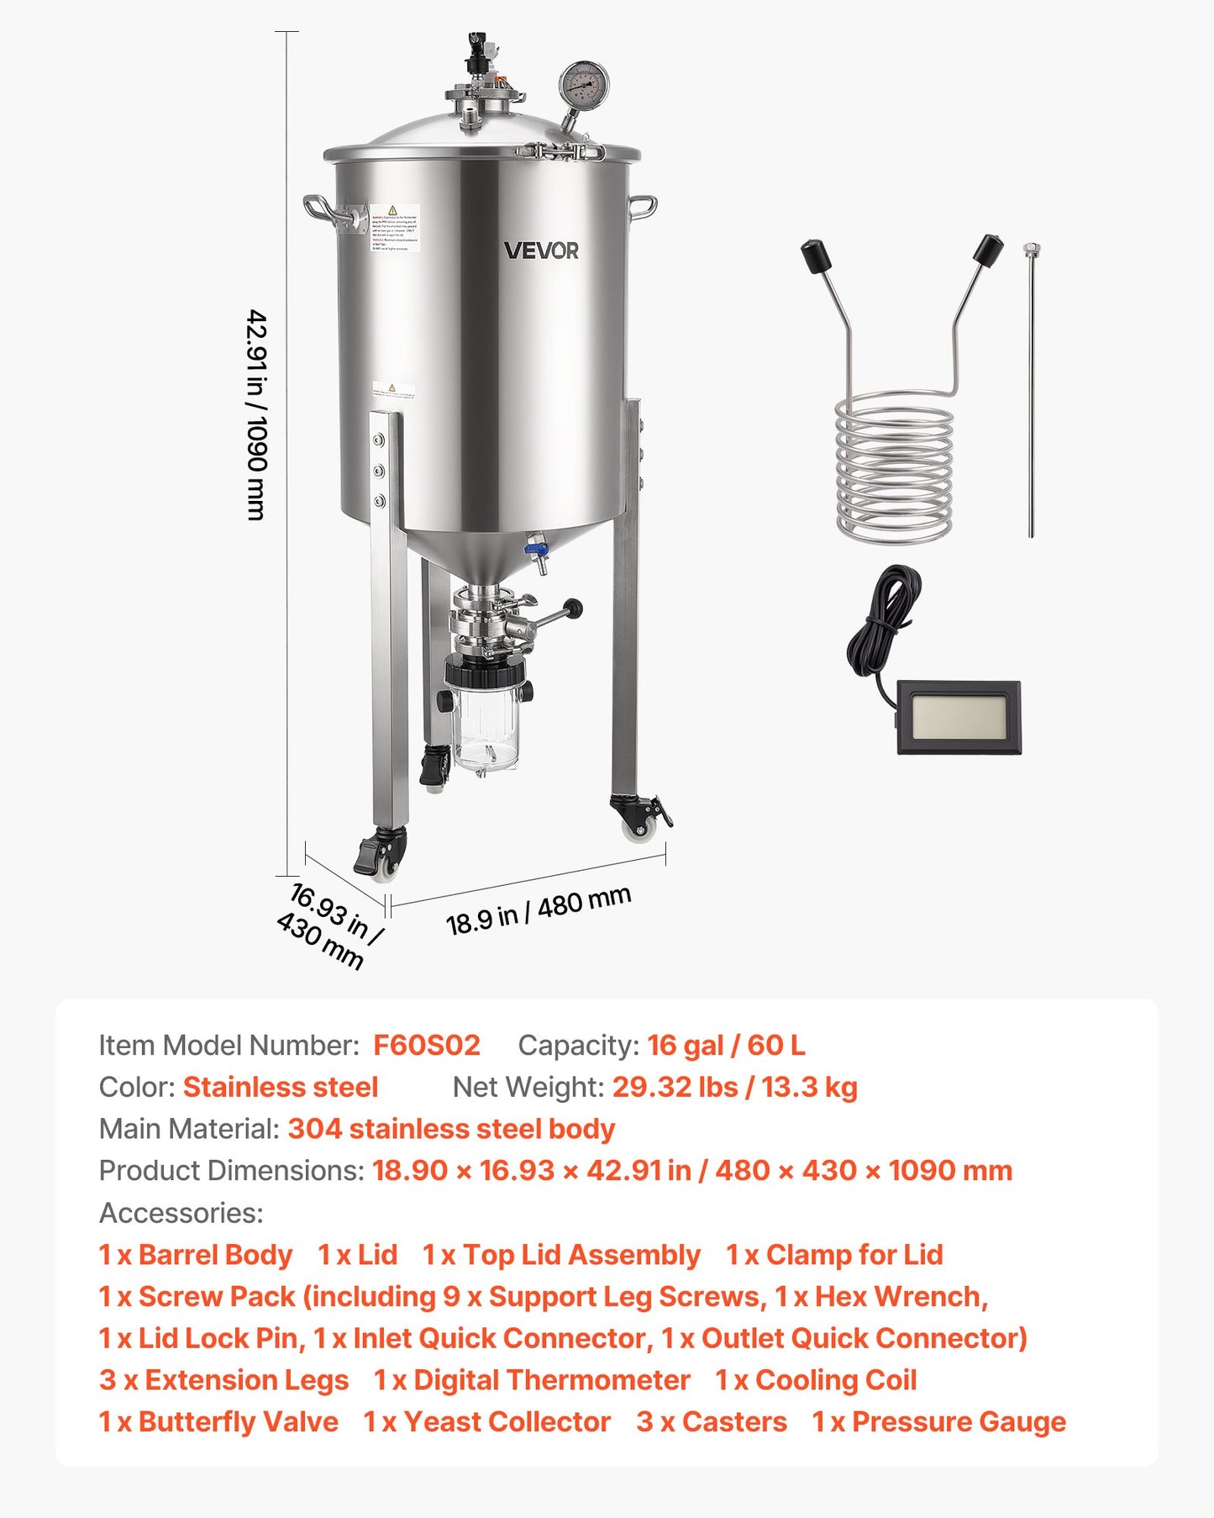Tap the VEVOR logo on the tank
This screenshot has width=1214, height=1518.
[x=541, y=250]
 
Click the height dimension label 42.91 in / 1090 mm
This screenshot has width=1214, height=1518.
[x=257, y=415]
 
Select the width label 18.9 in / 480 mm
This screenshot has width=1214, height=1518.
[x=538, y=911]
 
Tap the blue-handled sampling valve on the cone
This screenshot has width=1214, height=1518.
[x=536, y=551]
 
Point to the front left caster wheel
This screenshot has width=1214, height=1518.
[x=382, y=856]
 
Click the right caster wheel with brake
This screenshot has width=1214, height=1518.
[x=642, y=816]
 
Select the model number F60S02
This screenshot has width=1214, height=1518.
[x=427, y=1046]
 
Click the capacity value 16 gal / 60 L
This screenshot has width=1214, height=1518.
[x=726, y=1046]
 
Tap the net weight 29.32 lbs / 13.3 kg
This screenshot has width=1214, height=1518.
[x=734, y=1088]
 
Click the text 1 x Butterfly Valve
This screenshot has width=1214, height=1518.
[x=218, y=1422]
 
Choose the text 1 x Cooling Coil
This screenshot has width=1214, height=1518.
[x=815, y=1380]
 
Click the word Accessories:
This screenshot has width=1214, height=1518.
[x=181, y=1213]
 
